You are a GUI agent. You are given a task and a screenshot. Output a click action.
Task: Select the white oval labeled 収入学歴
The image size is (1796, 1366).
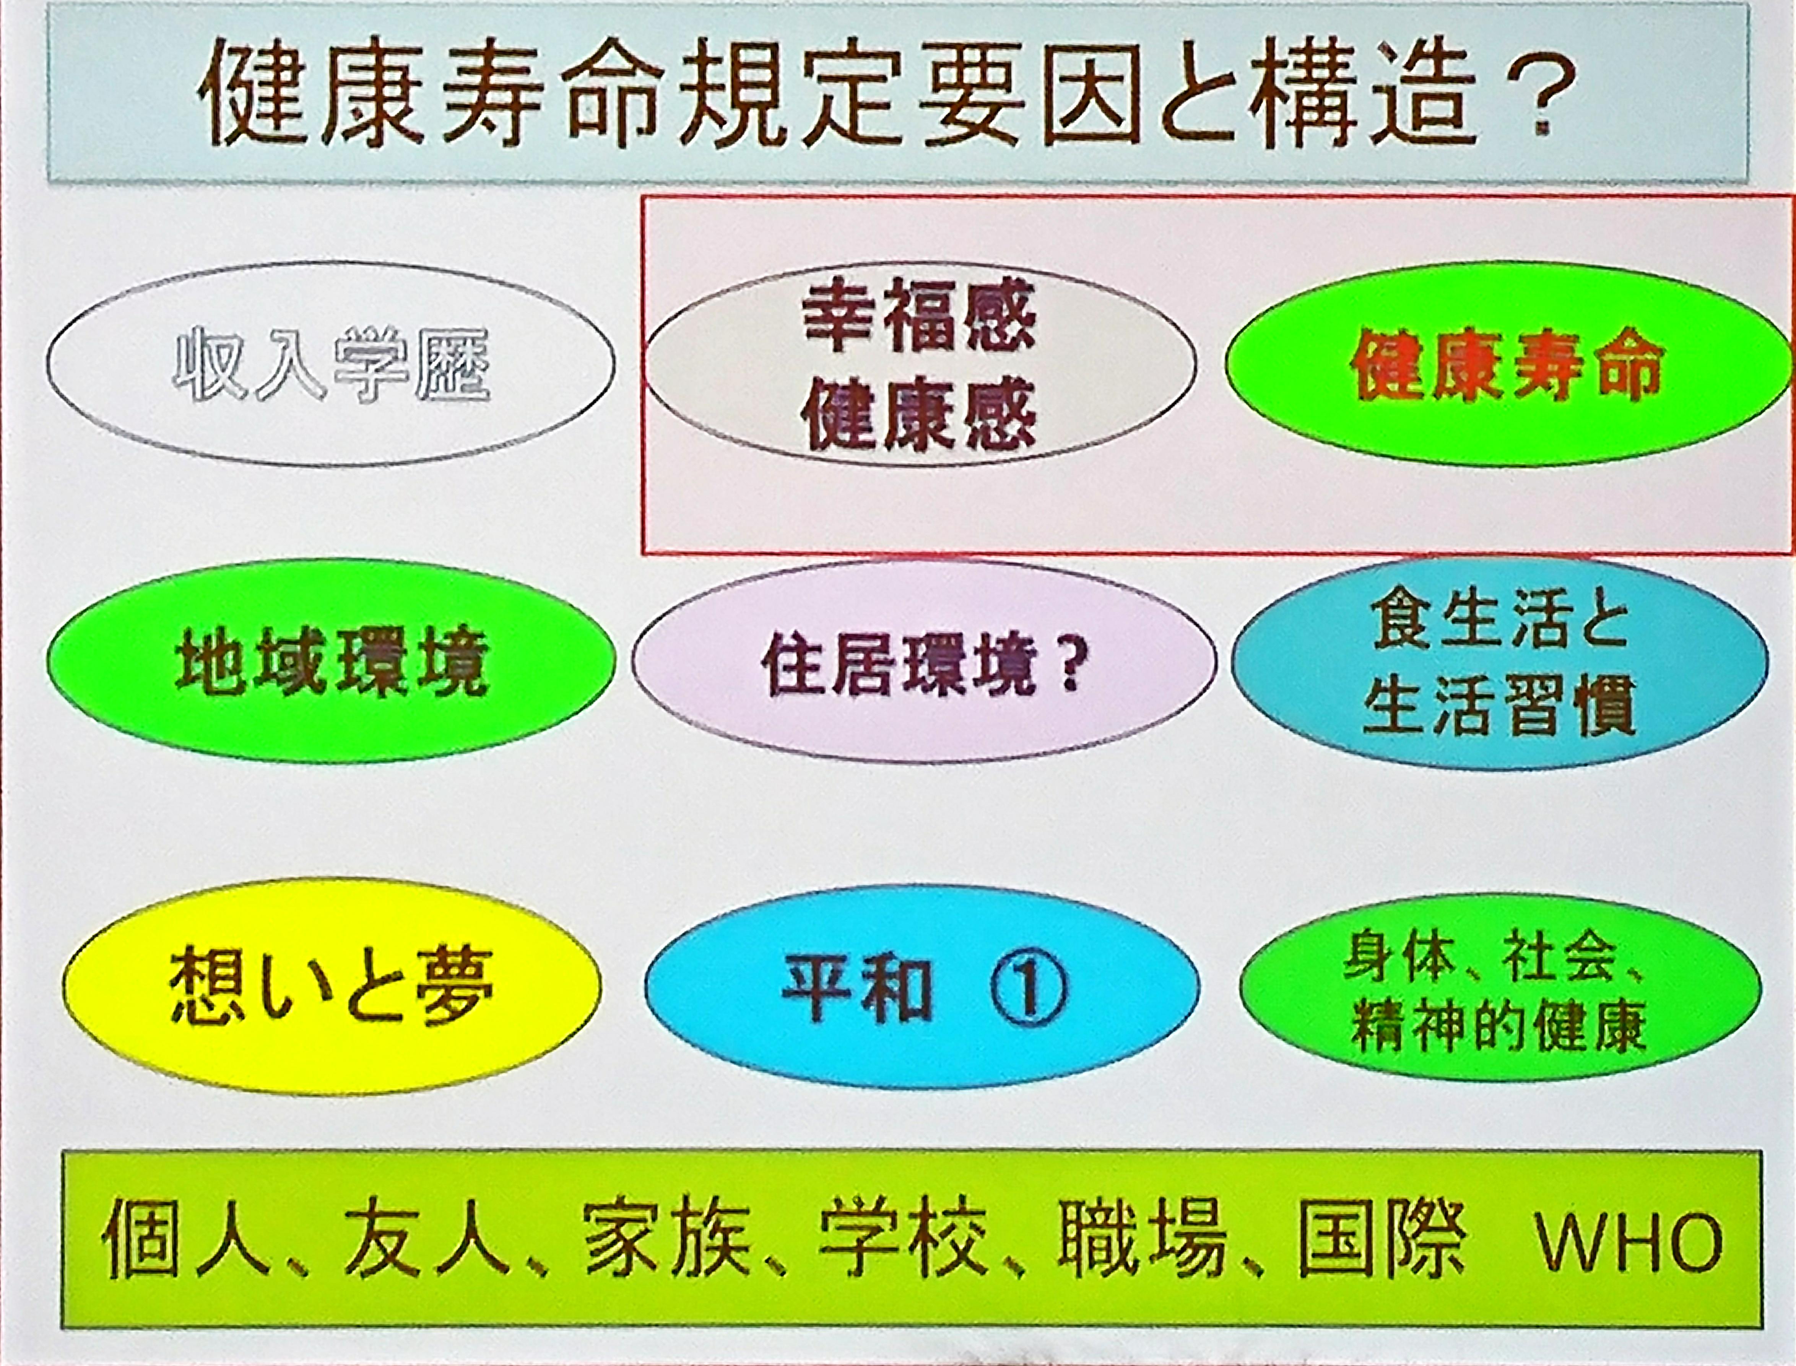coord(330,364)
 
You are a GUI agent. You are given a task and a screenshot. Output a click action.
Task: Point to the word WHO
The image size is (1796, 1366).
coord(1628,1244)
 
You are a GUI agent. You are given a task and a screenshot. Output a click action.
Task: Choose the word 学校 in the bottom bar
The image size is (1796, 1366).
coord(902,1244)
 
